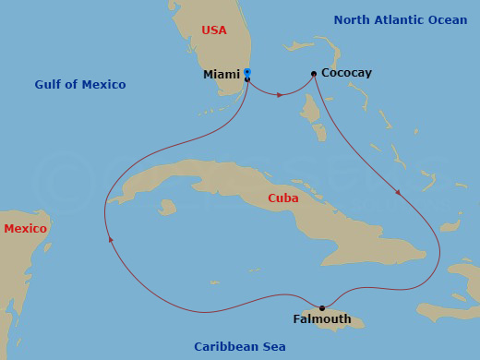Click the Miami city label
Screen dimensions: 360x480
click(222, 75)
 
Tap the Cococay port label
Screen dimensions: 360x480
click(346, 72)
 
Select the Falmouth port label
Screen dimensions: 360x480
click(321, 319)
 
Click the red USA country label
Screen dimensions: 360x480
click(213, 30)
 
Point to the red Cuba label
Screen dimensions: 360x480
click(282, 198)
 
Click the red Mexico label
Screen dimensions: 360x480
click(25, 229)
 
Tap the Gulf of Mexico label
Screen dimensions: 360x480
click(79, 85)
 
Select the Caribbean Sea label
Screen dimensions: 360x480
click(239, 347)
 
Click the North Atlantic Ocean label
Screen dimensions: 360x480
click(402, 19)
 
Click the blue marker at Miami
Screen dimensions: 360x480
click(246, 71)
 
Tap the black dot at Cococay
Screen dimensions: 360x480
click(314, 74)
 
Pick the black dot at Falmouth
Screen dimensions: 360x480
click(321, 308)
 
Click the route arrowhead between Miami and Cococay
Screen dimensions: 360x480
click(280, 95)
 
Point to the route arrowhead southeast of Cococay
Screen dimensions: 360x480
click(398, 192)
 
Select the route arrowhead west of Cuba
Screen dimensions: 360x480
click(111, 239)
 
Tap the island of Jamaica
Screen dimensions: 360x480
click(346, 319)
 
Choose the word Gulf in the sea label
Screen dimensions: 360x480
click(48, 85)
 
